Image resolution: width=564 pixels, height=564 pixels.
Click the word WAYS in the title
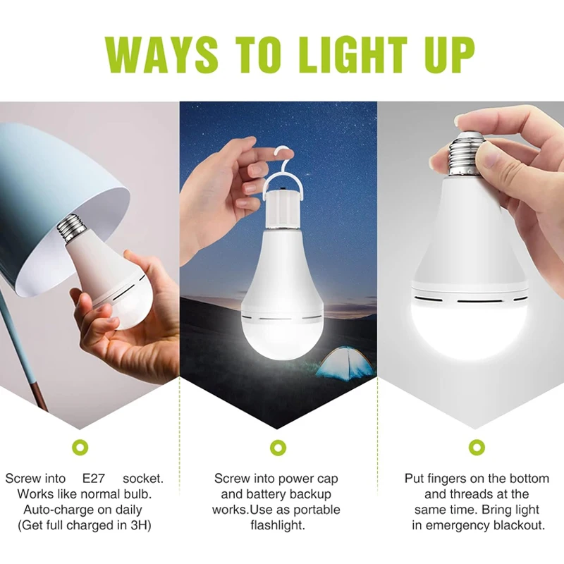tap(161, 52)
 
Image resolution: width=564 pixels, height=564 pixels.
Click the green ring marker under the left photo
tap(82, 447)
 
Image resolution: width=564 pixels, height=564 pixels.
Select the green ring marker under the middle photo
tap(277, 447)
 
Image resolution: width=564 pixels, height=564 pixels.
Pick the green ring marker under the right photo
tap(477, 447)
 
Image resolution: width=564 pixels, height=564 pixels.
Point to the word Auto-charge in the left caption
tap(55, 510)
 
